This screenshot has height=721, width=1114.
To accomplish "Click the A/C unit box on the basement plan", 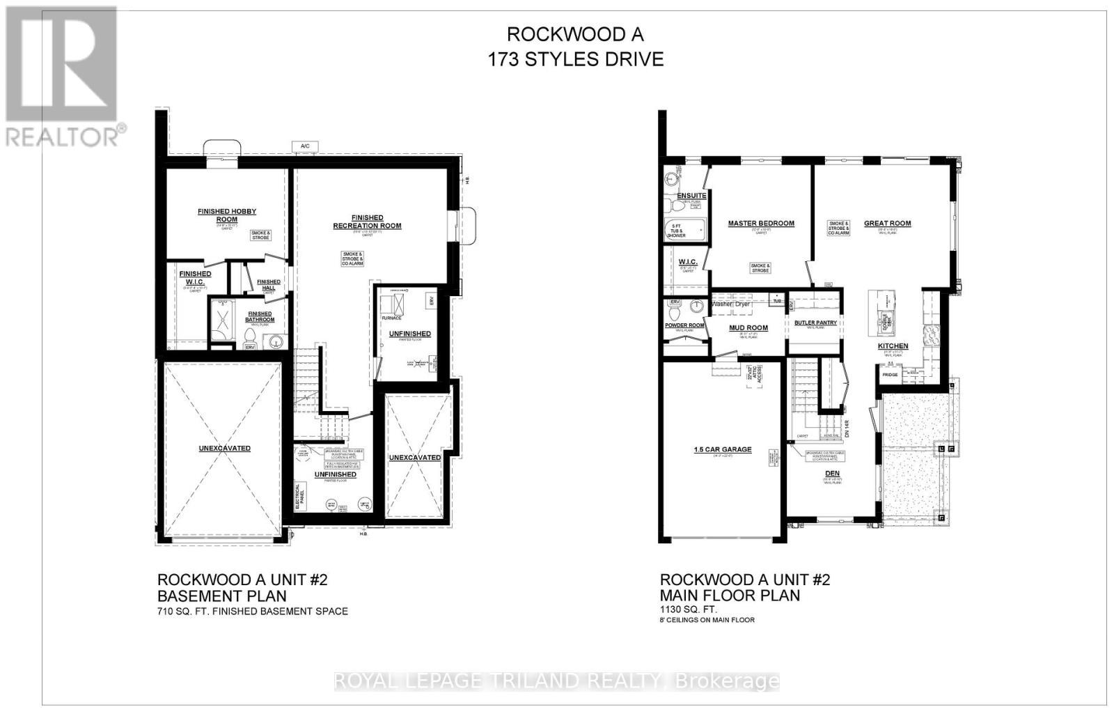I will point(305,146).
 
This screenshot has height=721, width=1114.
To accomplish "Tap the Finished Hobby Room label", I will point(227,215).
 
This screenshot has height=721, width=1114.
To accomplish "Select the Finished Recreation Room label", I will point(367,222).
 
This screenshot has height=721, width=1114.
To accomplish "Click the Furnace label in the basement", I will point(392,318).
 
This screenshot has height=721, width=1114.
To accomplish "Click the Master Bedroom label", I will point(761,224).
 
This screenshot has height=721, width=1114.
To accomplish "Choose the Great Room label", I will point(887,224).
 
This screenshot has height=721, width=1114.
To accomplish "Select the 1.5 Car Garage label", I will point(723,449).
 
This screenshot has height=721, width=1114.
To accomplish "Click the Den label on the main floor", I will point(833,472).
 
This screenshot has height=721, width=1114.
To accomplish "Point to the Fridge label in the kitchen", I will point(890,375).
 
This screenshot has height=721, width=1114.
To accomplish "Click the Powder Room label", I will point(685,325).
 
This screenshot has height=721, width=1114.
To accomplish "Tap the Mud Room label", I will point(748,327).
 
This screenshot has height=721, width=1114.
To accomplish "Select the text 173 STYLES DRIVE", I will point(575,60).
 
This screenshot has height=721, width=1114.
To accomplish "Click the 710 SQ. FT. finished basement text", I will point(252,612).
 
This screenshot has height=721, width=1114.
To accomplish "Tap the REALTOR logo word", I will point(63,137).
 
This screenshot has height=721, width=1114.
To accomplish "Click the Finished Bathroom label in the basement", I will point(260,317).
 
